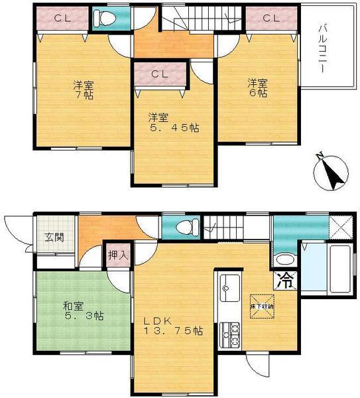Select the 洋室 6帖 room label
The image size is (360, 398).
tap(258, 88)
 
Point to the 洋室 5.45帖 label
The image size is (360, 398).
tap(174, 122)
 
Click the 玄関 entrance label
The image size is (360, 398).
tap(54, 237)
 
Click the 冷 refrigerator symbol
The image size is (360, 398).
tap(285, 279)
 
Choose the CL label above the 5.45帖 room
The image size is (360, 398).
tap(160, 74)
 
